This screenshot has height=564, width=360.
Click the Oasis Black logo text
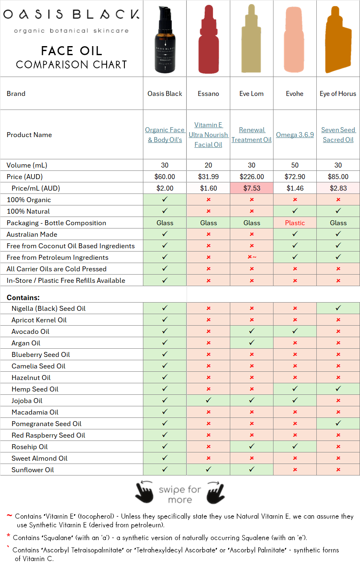click(x=71, y=15)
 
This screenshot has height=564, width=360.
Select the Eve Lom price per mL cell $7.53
click(x=252, y=188)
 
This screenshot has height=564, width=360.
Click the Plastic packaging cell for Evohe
click(x=295, y=223)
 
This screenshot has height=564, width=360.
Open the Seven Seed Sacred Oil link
click(x=338, y=135)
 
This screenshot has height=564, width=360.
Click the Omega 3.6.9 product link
click(x=295, y=135)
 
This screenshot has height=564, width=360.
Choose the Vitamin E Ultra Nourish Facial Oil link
click(x=208, y=135)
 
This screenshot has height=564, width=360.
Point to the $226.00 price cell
click(x=252, y=177)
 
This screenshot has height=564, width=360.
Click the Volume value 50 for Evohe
click(x=295, y=165)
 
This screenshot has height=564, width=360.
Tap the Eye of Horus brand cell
click(x=338, y=93)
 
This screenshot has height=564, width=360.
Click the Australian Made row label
click(x=32, y=234)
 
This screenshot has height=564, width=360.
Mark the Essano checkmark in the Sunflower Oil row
click(x=208, y=470)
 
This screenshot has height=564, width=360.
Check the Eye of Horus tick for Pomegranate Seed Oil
click(x=338, y=424)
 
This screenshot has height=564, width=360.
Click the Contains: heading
click(x=23, y=297)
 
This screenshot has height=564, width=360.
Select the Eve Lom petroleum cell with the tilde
click(x=252, y=257)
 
